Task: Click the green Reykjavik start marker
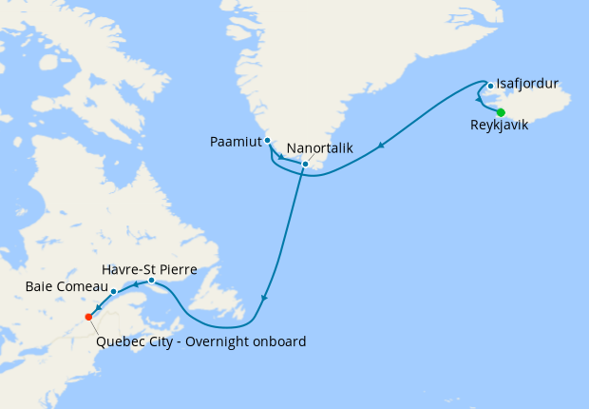coord(501,112)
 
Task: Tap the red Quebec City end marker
coord(88,317)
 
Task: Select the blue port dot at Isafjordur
coord(489,87)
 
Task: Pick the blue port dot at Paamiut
coord(268,141)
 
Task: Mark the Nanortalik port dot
coord(305,164)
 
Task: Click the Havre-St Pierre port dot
coord(152,280)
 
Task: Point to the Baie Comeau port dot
coord(114,291)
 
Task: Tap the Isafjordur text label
coord(527,84)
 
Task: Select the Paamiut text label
coord(235,143)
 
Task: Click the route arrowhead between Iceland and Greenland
coord(381,146)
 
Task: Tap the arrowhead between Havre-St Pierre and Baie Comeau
coord(136,284)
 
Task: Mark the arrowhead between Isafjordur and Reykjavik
coord(479,100)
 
